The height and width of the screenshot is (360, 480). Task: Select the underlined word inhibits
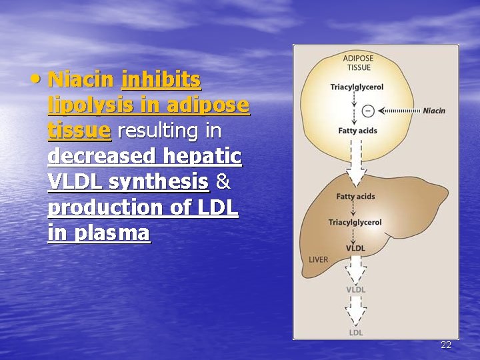pos(161,81)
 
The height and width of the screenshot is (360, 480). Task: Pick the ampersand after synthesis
pos(223,181)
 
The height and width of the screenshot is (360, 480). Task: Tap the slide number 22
pos(446,345)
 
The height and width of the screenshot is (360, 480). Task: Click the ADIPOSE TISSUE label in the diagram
pos(358,62)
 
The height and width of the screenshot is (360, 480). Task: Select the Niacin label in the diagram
pos(434,111)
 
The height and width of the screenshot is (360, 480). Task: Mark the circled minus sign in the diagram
pos(367,110)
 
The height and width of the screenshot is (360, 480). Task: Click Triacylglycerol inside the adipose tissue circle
pos(357,87)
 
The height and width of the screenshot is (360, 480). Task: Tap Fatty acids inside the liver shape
pos(355,197)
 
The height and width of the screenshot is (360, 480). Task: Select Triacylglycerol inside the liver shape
pos(355,222)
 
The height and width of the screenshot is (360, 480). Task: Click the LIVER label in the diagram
pos(318,259)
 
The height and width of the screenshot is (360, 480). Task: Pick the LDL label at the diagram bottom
pos(356,332)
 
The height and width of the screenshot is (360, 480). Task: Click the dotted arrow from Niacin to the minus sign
pos(399,111)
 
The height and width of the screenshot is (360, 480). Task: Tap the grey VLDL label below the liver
pos(355,289)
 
